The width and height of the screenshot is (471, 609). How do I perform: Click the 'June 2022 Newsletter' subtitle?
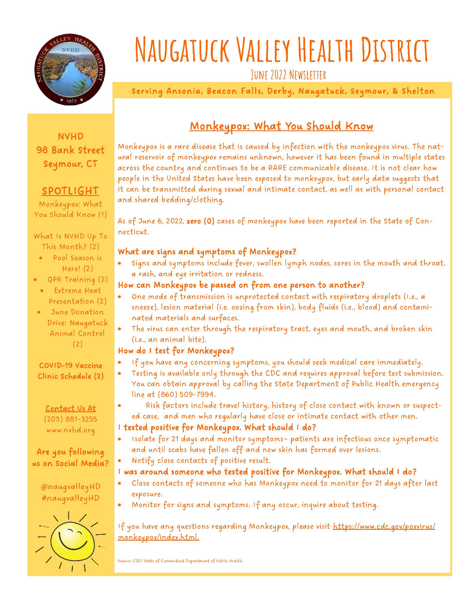pos(288,75)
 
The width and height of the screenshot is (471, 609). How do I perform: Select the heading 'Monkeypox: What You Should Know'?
pos(281,126)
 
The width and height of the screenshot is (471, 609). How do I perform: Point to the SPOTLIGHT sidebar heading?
pos(70,191)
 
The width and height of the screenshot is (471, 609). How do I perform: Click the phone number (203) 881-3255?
pos(70,419)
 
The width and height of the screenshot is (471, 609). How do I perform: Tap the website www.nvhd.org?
pos(70,430)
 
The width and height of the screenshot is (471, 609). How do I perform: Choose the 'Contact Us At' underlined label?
pos(70,409)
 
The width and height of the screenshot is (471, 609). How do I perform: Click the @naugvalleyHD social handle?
pos(70,487)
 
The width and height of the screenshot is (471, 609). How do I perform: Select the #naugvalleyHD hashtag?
pos(70,498)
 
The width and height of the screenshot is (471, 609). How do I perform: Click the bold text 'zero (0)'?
pos(200,221)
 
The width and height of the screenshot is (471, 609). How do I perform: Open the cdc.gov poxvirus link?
pos(384,527)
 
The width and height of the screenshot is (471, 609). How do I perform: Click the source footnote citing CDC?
pos(180,561)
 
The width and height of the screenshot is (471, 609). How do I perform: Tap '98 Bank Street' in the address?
pos(70,150)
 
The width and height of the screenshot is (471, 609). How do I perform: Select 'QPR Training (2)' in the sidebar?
pos(77,279)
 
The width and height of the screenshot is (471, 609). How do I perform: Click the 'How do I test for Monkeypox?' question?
pos(176,350)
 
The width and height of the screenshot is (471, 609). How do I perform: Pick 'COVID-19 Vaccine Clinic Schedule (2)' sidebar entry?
pos(70,371)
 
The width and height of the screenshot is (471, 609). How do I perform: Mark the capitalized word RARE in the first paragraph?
pos(282,168)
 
